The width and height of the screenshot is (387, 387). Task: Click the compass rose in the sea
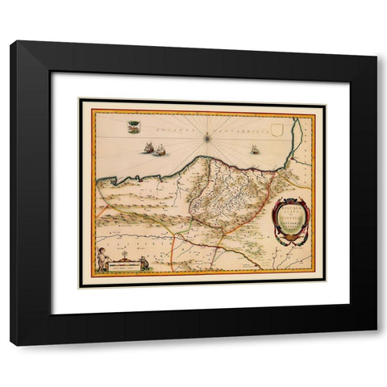click(x=208, y=138)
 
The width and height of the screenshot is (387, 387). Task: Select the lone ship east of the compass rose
click(x=255, y=149)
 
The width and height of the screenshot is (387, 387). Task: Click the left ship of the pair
click(x=148, y=148)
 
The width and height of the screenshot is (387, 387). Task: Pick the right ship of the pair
click(x=160, y=149)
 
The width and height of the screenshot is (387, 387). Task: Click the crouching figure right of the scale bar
click(x=144, y=261)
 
